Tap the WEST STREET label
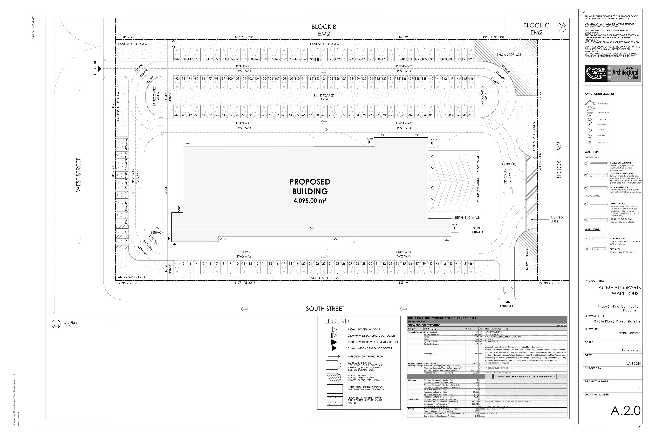click(x=78, y=175)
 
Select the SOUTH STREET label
click(x=325, y=309)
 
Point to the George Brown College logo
click(x=612, y=73)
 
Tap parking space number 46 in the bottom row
click(x=471, y=264)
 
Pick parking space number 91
click(x=471, y=115)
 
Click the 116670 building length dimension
click(x=311, y=228)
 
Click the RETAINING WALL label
click(x=467, y=217)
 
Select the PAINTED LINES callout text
click(x=556, y=220)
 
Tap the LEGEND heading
click(x=336, y=321)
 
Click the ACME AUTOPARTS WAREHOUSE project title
click(x=619, y=290)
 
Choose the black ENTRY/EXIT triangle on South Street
click(x=508, y=302)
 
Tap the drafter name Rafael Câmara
click(x=628, y=333)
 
